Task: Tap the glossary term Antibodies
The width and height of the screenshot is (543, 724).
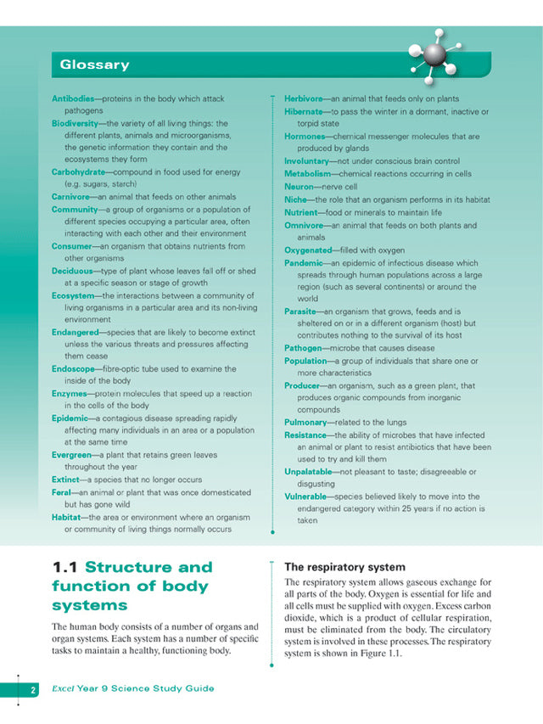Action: point(72,98)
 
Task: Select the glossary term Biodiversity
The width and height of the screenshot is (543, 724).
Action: point(76,123)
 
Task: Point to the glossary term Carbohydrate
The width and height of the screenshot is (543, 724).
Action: point(79,171)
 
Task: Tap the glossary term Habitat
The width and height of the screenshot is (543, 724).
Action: point(67,517)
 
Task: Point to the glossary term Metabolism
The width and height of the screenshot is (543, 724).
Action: point(307,173)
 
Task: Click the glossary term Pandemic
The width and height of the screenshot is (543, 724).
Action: point(305,263)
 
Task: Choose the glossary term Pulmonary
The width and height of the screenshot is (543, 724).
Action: point(305,422)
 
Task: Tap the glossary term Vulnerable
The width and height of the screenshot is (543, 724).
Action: point(308,497)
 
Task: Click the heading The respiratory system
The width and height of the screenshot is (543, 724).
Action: point(333,567)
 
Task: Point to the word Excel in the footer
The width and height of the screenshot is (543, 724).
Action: point(62,688)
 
